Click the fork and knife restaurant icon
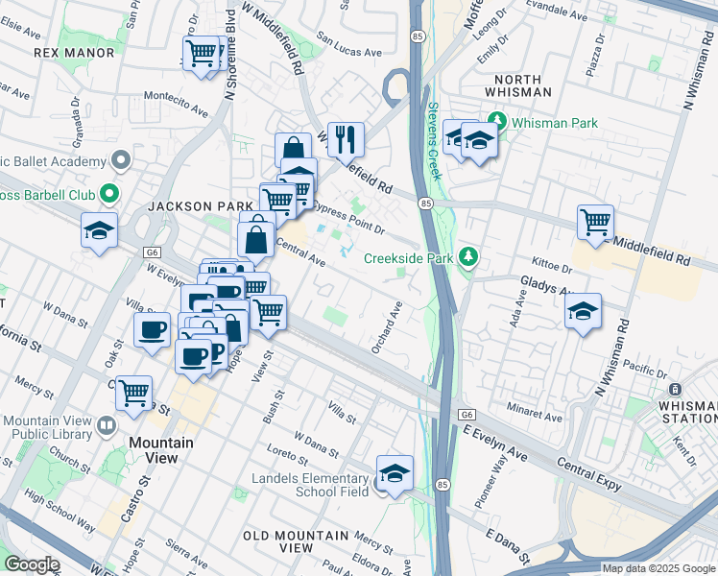pos(346,138)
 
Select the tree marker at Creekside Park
pos(468,257)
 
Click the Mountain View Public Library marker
pos(107,423)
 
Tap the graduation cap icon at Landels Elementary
pos(395,472)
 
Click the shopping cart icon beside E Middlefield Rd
pos(596,222)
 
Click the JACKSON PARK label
pos(185,206)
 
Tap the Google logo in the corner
pos(32,564)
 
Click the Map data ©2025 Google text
pos(658,568)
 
